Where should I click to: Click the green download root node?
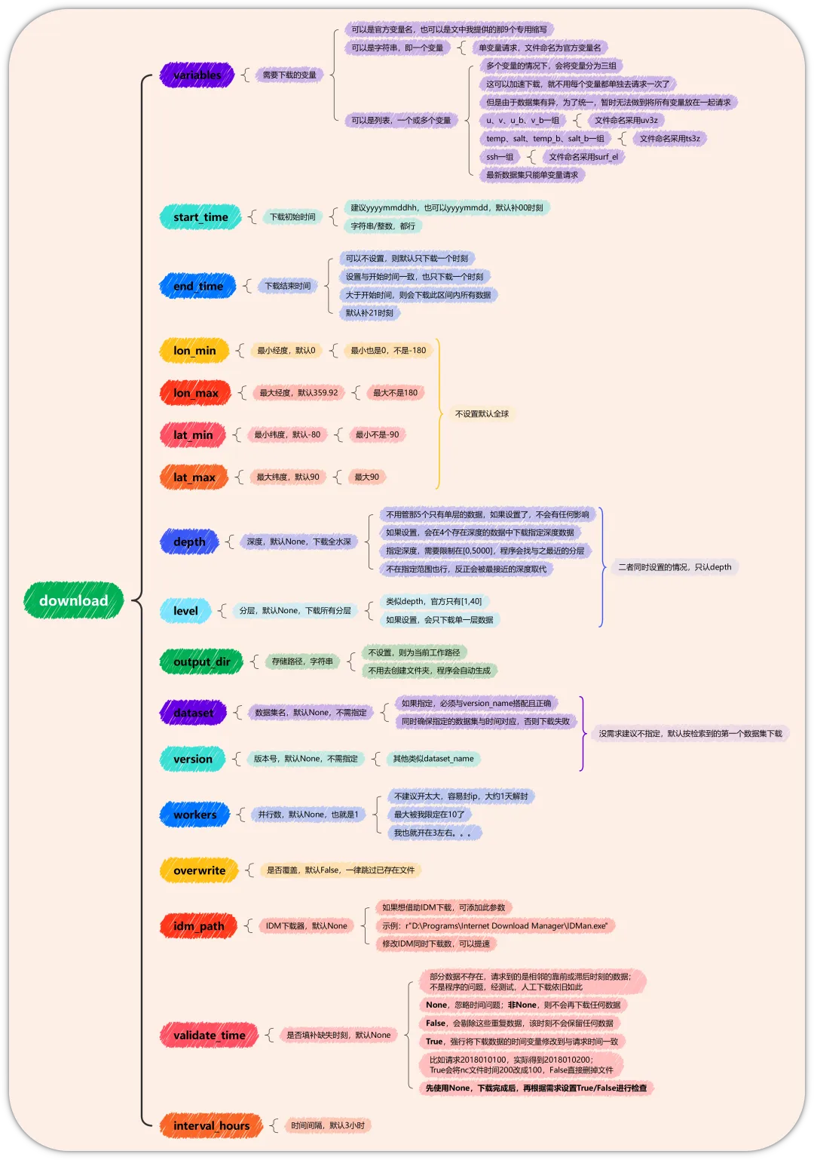[74, 600]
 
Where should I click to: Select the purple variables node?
[197, 75]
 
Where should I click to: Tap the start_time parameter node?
[200, 217]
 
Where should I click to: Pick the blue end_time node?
[197, 286]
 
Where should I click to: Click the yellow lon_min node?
[194, 350]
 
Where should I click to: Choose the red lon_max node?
[195, 393]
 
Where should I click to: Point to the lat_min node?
[193, 435]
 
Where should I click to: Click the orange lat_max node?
[194, 477]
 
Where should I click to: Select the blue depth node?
[189, 542]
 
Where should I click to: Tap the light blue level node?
[185, 611]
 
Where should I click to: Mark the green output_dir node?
[201, 661]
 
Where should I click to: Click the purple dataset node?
[193, 713]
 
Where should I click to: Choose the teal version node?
[192, 759]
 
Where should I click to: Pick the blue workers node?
[194, 815]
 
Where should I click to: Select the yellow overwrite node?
[199, 870]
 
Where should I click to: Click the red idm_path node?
[198, 926]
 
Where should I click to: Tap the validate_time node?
[209, 1036]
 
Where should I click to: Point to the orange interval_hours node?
[211, 1126]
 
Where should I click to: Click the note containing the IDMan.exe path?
[494, 925]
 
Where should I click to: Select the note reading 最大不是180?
[395, 393]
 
